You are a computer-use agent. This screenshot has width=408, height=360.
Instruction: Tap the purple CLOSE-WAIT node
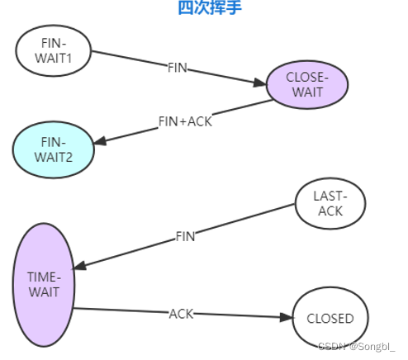307,85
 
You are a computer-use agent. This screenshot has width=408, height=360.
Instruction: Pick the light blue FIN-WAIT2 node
54,149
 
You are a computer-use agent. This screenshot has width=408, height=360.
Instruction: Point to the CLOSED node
330,319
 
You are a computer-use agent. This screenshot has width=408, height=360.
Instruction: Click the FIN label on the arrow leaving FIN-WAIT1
178,68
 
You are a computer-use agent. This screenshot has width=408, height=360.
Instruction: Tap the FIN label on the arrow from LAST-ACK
185,236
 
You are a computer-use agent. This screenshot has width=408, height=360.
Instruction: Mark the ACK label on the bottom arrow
181,313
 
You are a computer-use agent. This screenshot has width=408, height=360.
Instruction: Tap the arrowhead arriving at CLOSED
287,317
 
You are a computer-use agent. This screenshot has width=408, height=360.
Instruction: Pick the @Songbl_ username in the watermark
372,347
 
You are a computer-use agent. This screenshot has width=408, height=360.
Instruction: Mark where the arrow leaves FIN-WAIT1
93,53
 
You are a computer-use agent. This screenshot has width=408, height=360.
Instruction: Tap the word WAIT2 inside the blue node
54,156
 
